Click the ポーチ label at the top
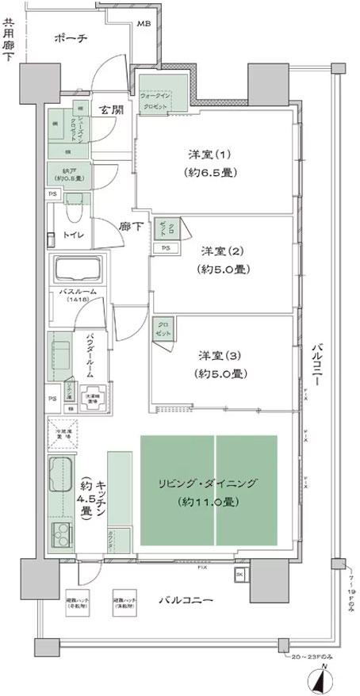pyautogui.click(x=71, y=38)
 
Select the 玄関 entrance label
pyautogui.click(x=111, y=110)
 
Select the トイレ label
pyautogui.click(x=75, y=235)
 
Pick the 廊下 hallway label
pyautogui.click(x=131, y=226)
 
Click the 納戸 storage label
pyautogui.click(x=67, y=172)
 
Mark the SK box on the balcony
pyautogui.click(x=239, y=574)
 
